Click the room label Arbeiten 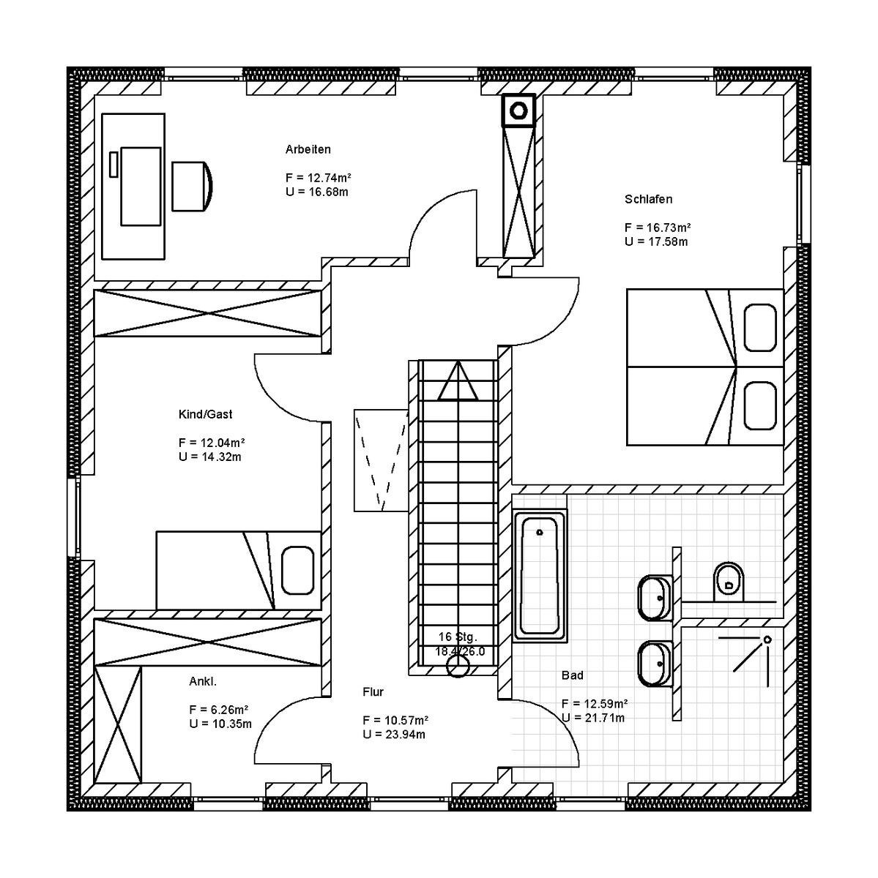click(308, 149)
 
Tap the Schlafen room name click(648, 199)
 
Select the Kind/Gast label click(205, 414)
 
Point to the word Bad click(572, 675)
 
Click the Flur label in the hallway click(373, 691)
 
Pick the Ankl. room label click(203, 681)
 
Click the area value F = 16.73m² click(658, 228)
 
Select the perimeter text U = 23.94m click(394, 734)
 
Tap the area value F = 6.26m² click(218, 710)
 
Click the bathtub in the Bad click(540, 577)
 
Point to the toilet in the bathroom click(729, 582)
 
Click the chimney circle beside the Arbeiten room click(518, 110)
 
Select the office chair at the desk click(192, 187)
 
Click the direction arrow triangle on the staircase click(458, 381)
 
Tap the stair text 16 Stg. click(458, 637)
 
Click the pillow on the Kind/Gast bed click(297, 570)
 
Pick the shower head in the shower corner click(767, 639)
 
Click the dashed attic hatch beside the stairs click(381, 460)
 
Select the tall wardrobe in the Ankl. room click(118, 725)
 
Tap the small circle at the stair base click(458, 667)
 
